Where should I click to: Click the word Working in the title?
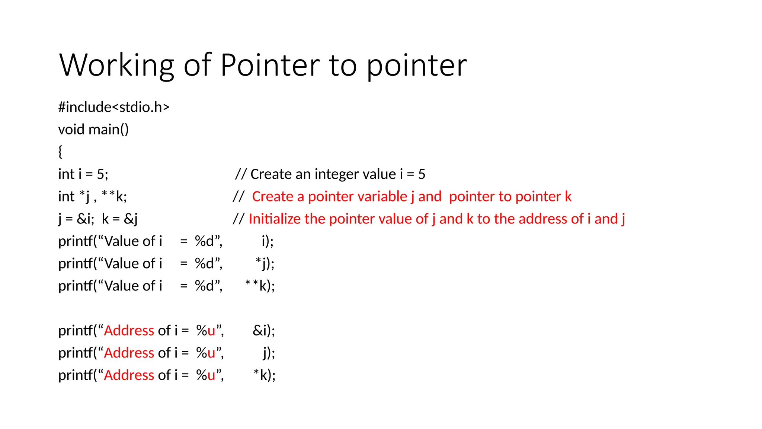point(116,65)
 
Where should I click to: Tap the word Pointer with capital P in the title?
point(270,65)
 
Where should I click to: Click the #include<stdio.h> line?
point(114,107)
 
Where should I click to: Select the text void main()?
point(93,130)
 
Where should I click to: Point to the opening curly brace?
point(60,152)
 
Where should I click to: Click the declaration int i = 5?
point(83,174)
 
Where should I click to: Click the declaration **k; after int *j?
point(114,196)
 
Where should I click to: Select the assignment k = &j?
point(119,219)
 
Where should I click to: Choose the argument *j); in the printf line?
point(265,264)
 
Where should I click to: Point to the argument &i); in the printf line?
point(264,331)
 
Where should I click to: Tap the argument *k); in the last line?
point(265,375)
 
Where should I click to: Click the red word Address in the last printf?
point(129,375)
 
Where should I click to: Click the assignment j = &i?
point(76,219)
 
